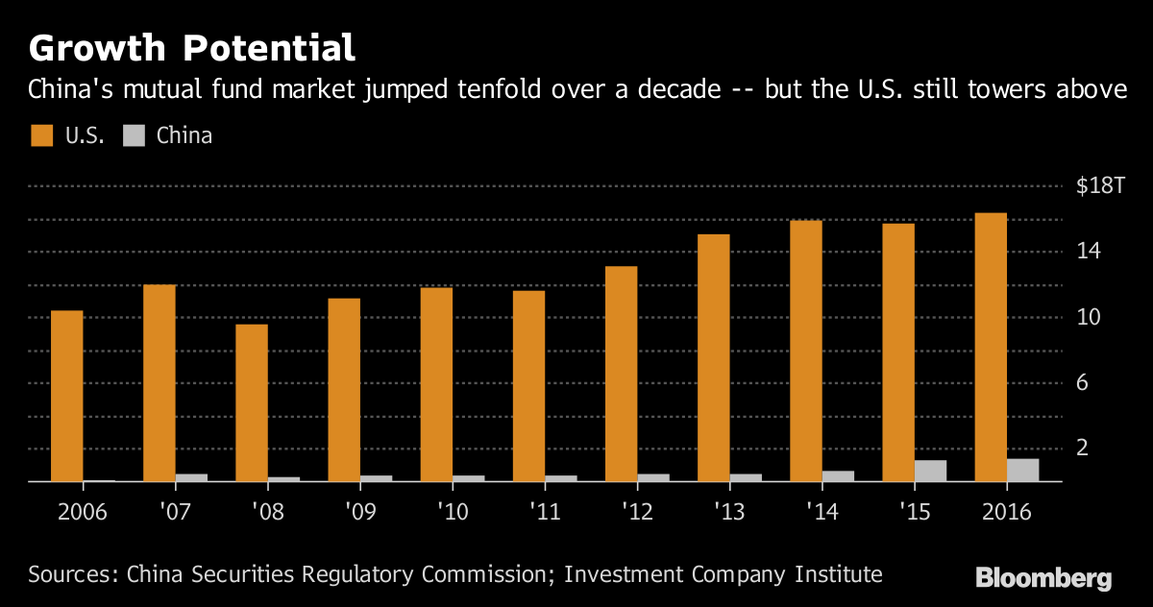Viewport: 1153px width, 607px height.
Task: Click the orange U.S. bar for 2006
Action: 66,396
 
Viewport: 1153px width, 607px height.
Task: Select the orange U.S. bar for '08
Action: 251,402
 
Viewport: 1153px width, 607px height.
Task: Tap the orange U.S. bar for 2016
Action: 990,347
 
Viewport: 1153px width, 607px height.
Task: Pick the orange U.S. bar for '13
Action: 713,357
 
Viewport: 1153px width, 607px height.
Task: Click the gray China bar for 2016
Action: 1023,470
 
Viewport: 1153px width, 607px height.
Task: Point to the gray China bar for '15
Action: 931,471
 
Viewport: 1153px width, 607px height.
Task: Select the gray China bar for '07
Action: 192,477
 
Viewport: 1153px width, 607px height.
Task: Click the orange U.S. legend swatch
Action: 42,135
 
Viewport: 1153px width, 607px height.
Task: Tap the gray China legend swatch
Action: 134,135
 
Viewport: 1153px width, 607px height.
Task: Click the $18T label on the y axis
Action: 1100,186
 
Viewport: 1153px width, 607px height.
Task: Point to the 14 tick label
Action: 1088,252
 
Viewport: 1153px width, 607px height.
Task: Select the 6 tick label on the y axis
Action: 1082,382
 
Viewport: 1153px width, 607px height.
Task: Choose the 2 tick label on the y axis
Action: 1082,448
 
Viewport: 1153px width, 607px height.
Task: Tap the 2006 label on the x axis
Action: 82,511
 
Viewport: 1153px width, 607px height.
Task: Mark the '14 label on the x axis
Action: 822,511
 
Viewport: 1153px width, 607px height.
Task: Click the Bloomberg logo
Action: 1043,578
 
